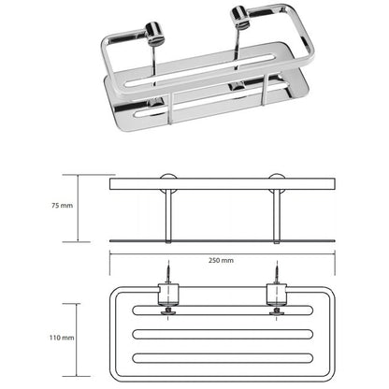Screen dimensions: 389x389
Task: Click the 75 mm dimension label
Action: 62,206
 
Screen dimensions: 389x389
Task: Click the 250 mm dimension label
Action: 221,260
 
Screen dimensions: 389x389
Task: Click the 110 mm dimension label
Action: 62,338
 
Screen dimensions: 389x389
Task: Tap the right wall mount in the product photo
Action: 240,16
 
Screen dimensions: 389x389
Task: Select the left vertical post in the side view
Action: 168,216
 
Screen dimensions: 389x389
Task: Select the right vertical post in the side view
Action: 277,216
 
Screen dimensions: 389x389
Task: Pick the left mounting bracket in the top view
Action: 168,294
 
